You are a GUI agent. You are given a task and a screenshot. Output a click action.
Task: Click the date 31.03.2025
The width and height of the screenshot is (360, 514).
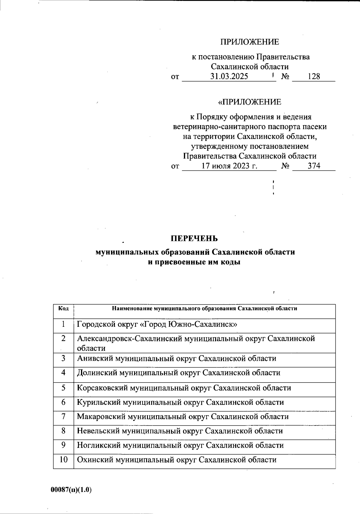(229, 77)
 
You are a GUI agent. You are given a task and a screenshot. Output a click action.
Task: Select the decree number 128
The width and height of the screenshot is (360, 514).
(314, 77)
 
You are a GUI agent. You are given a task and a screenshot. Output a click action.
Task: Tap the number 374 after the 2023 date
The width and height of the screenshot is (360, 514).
(314, 166)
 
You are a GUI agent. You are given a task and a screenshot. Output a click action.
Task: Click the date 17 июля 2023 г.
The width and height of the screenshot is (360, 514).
(229, 166)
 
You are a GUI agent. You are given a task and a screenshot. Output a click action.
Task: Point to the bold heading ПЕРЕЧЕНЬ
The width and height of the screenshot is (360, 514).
(194, 239)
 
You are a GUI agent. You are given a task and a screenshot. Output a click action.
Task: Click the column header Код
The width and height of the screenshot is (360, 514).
(63, 308)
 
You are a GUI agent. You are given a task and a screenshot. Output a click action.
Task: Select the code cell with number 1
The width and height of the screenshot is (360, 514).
(63, 324)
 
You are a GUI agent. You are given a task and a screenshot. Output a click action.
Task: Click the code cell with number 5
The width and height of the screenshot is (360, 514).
(63, 388)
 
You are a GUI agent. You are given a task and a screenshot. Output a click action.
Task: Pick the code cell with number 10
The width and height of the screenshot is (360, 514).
(63, 460)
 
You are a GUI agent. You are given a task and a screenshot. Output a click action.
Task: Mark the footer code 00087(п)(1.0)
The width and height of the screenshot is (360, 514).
(71, 490)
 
